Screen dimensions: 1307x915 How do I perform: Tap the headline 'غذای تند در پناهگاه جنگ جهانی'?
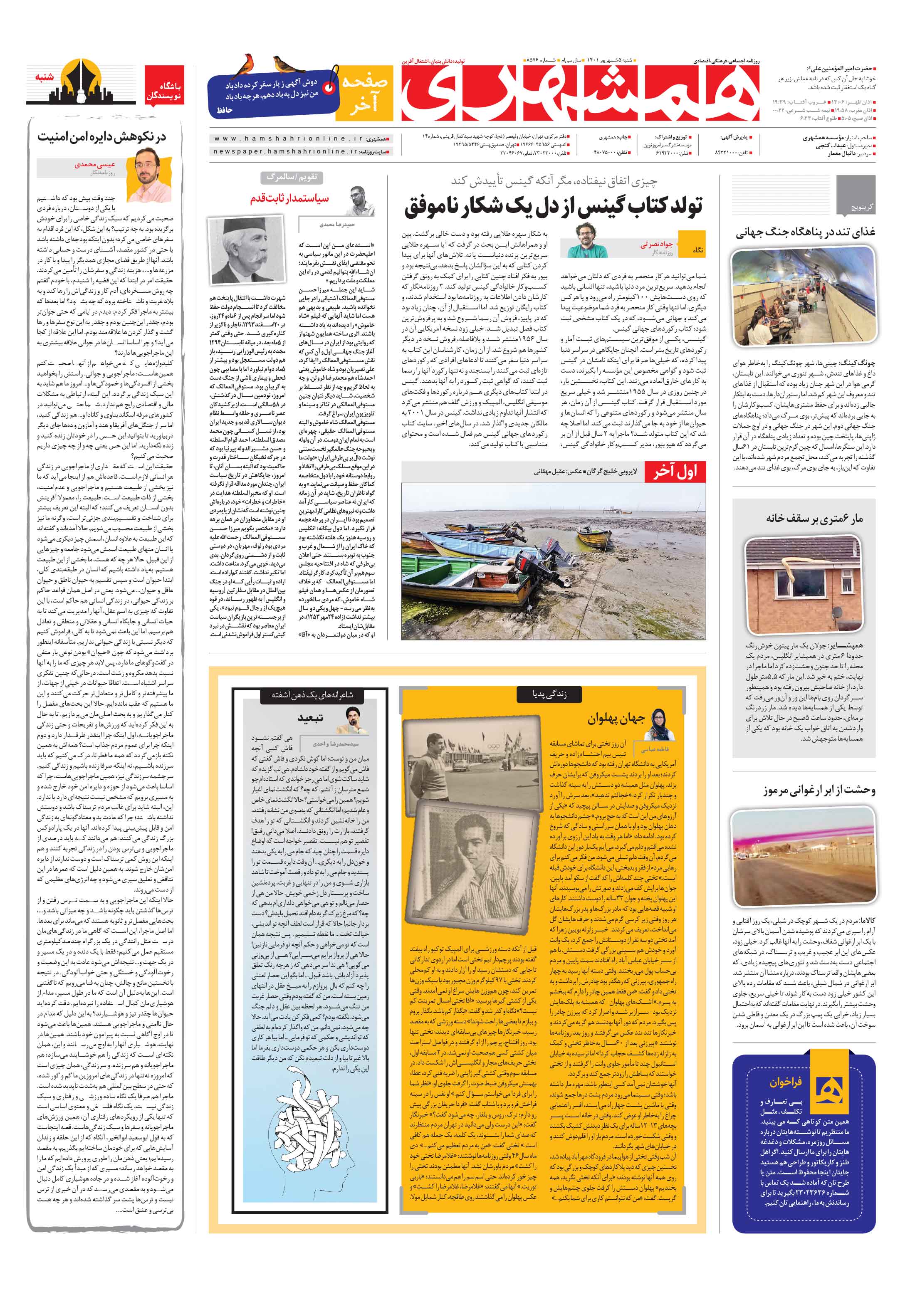(x=804, y=232)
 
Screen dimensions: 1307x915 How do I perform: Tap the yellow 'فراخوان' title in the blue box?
(x=785, y=1082)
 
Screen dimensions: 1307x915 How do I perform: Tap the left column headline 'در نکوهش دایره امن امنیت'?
(x=102, y=137)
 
